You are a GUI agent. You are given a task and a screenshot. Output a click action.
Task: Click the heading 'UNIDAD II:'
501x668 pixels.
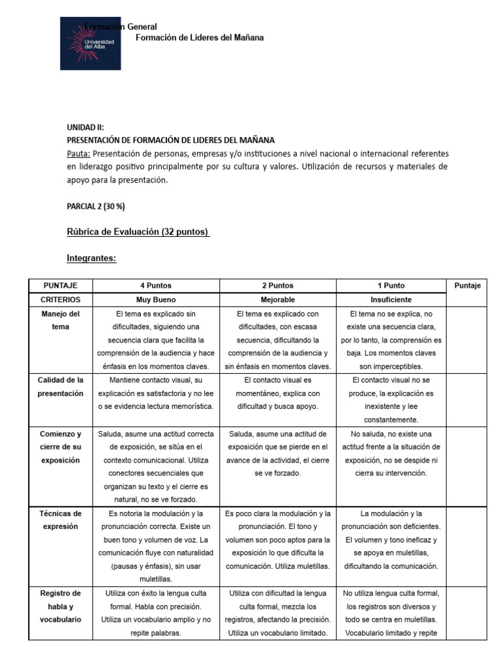tap(85, 128)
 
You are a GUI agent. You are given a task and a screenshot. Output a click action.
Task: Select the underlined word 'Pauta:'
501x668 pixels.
tap(78, 153)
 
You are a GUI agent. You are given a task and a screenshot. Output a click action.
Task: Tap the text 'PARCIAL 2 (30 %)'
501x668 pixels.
tap(96, 206)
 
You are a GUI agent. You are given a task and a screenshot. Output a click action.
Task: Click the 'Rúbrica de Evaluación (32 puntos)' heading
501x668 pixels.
tap(138, 232)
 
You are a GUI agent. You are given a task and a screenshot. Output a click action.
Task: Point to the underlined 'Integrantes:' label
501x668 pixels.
tap(91, 258)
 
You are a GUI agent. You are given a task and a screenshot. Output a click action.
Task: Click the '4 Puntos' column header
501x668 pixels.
tap(156, 286)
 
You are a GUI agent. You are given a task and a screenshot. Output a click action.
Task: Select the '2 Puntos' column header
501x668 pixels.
tap(277, 286)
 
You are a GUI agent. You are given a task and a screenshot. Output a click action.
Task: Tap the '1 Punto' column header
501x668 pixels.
tap(391, 286)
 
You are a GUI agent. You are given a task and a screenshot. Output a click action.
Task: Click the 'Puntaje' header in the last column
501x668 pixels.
tap(467, 286)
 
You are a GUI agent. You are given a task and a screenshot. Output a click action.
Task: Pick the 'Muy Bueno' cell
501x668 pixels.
tap(156, 299)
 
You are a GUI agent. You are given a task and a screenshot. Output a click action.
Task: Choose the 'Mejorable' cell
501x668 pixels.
tap(277, 299)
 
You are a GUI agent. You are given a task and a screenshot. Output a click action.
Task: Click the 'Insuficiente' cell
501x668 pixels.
tap(391, 299)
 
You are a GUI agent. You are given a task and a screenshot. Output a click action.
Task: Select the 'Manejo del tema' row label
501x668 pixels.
tap(60, 320)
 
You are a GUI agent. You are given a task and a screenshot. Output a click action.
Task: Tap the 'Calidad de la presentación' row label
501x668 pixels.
tap(60, 387)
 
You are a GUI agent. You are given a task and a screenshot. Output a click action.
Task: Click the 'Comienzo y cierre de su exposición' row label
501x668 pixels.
tap(60, 447)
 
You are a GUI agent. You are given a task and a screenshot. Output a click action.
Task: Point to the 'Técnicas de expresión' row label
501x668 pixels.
tap(60, 520)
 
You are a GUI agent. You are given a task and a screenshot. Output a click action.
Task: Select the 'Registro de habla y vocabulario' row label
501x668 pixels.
tap(60, 606)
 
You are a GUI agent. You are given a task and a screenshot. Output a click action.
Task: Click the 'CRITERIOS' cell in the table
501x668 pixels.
tap(60, 299)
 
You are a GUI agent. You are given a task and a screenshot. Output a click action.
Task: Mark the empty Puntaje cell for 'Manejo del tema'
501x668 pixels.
tap(467, 339)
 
